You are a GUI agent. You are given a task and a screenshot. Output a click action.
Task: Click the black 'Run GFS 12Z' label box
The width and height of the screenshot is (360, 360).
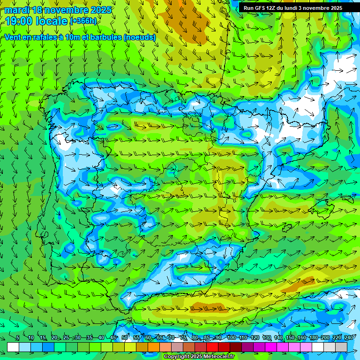click(293, 8)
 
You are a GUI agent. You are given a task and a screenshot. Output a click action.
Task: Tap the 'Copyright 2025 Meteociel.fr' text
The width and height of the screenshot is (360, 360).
click(199, 357)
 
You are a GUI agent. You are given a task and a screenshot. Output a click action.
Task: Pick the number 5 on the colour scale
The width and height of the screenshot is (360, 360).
click(18, 337)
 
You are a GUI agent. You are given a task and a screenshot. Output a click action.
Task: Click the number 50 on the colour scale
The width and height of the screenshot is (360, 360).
click(125, 337)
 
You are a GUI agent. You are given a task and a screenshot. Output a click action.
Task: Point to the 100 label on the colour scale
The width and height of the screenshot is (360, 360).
click(231, 337)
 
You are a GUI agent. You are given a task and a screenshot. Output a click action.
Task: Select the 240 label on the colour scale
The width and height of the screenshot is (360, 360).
click(349, 337)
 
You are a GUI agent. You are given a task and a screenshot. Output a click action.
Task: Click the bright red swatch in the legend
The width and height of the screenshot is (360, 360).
click(212, 347)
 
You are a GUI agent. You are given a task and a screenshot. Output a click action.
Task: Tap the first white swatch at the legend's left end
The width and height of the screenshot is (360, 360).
click(13, 347)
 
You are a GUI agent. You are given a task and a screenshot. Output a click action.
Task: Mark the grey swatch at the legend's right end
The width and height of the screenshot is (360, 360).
click(341, 347)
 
